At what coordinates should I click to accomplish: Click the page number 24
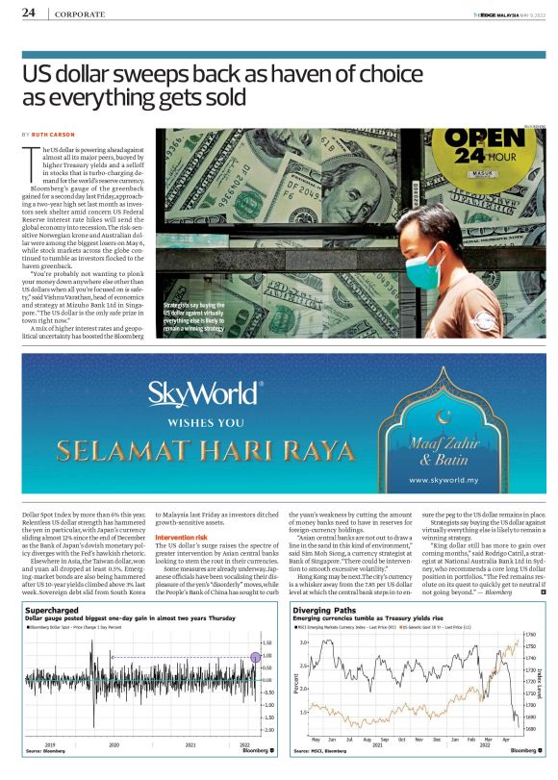tap(29, 13)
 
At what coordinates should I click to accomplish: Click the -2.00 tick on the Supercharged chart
tap(268, 730)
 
